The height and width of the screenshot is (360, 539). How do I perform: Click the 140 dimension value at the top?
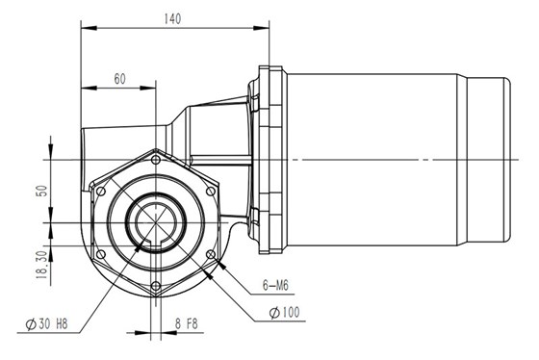click(173, 17)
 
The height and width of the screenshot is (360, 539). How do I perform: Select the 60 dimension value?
click(119, 78)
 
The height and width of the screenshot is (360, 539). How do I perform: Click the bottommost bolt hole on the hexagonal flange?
click(156, 285)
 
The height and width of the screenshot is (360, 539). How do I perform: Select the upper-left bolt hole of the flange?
click(101, 191)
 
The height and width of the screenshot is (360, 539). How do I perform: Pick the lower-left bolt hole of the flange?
click(101, 253)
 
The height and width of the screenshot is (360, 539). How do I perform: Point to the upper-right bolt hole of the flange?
click(210, 191)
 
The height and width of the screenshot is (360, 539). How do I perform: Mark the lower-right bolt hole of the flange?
click(210, 253)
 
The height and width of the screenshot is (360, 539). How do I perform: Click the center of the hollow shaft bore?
click(155, 222)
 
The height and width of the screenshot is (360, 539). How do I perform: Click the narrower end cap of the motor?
click(488, 159)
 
